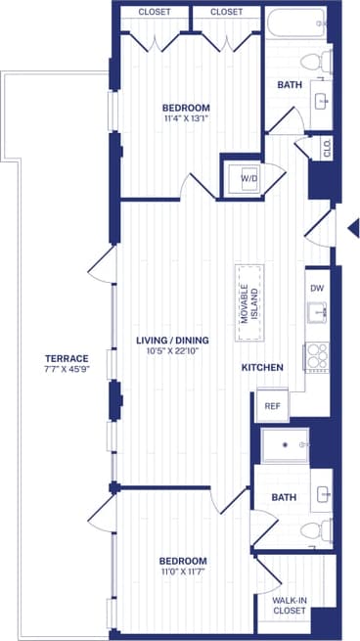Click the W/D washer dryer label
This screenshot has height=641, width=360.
[x=248, y=179]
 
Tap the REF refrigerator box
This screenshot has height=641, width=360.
[x=271, y=405]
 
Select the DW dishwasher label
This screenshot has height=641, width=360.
[x=316, y=289]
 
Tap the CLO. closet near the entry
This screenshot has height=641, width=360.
[x=327, y=148]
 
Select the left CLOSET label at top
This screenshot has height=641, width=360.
[x=155, y=12]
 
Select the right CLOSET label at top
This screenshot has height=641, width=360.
[x=226, y=12]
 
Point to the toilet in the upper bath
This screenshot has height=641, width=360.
[x=313, y=62]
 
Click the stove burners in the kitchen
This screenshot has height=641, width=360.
[x=317, y=355]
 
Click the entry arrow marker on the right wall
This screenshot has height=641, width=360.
[x=354, y=229]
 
